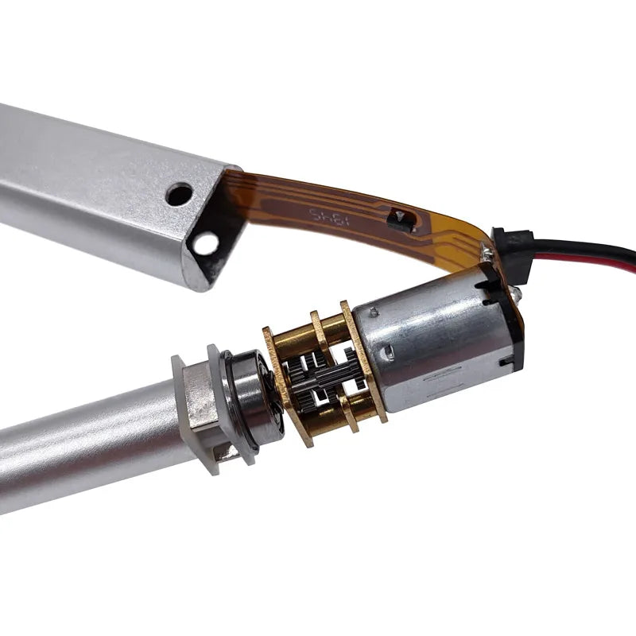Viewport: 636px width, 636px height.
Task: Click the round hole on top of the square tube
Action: coord(179,194)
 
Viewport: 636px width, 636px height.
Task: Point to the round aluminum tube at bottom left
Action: coord(79,453)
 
